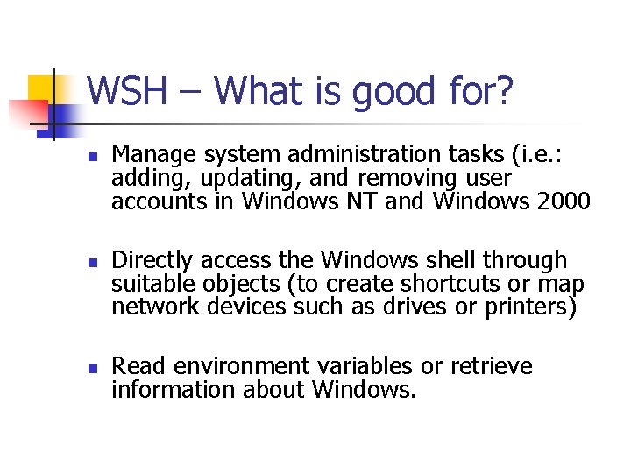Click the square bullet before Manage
pos(91,158)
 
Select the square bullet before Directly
pos(91,263)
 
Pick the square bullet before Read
pos(91,368)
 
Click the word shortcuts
pos(447,284)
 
